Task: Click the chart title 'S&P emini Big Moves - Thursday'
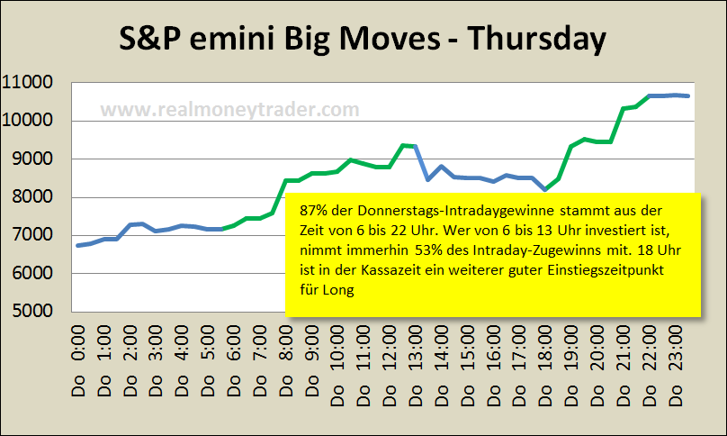[363, 40]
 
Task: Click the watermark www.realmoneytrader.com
[229, 110]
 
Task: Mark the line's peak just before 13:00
[403, 144]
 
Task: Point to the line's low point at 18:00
[544, 189]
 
